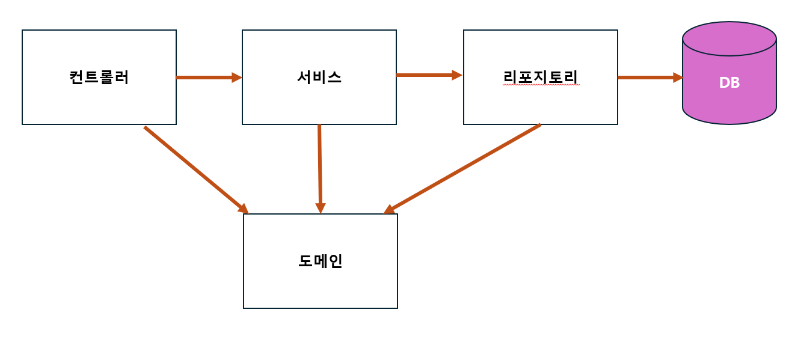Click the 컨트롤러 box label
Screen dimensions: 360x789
(99, 78)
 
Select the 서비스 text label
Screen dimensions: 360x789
(319, 78)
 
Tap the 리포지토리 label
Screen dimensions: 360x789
(541, 78)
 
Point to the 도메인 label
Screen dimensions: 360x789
(321, 261)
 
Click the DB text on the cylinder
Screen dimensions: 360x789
(729, 83)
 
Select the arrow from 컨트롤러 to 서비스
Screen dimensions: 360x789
(204, 78)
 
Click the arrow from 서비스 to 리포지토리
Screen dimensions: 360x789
(425, 75)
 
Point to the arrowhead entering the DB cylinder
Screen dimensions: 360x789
(678, 78)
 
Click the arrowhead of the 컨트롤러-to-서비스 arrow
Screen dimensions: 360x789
(237, 78)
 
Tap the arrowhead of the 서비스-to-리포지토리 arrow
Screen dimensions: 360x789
(457, 75)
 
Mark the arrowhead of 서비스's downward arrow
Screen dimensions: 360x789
(321, 209)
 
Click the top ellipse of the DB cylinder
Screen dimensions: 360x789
(729, 38)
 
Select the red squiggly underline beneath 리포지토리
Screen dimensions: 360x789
(541, 85)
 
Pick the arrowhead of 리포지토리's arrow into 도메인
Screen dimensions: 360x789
(389, 210)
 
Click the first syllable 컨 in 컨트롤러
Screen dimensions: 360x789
(76, 78)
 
